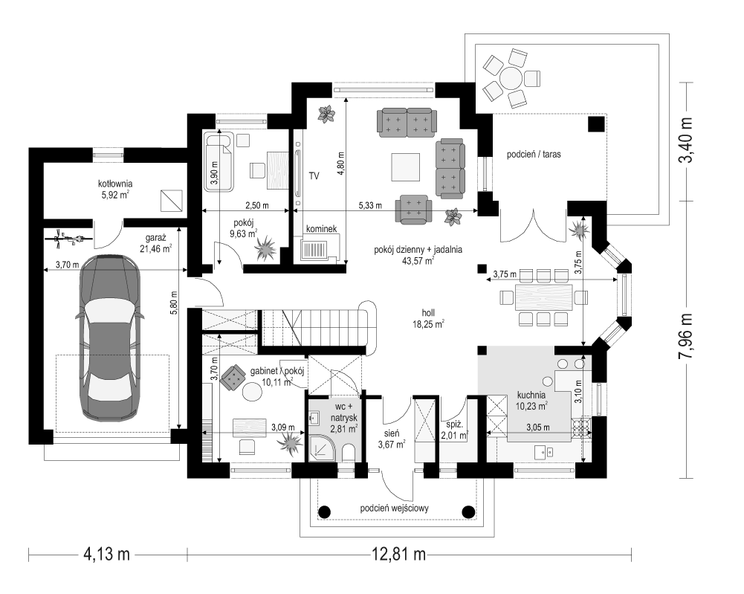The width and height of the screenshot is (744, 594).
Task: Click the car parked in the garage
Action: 109,338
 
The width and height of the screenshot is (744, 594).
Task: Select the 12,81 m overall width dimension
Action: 399,553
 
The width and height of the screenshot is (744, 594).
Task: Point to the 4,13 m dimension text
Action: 107,553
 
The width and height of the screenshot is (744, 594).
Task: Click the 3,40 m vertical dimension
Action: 686,140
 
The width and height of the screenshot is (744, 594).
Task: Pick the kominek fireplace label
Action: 321,229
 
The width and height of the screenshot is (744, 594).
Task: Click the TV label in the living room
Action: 314,176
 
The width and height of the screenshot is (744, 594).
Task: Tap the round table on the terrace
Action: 511,78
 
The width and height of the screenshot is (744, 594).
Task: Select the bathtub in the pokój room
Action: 219,162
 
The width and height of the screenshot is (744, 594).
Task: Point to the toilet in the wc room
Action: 349,452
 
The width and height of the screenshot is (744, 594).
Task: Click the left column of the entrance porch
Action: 324,512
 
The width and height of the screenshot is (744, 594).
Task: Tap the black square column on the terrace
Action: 596,124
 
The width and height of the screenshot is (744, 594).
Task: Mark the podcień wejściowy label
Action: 395,509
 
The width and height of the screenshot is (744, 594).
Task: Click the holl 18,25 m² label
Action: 428,319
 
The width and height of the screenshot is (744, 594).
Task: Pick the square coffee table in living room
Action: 406,167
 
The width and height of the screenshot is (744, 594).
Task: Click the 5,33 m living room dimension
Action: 370,205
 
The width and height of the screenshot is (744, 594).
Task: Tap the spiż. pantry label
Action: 455,430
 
